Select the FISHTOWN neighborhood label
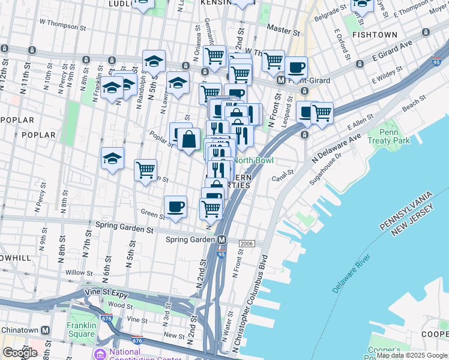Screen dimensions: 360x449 (x=374, y=35)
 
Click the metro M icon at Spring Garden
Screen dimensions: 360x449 (x=221, y=239)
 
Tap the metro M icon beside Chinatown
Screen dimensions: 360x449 (x=45, y=331)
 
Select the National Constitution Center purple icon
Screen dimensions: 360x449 (x=99, y=353)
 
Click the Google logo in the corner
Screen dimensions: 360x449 (x=19, y=352)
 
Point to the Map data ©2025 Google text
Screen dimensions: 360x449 (x=412, y=355)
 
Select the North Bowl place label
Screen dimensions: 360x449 (x=253, y=160)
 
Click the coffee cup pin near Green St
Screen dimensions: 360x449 (x=175, y=207)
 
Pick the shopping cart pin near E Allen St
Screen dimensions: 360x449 (x=322, y=112)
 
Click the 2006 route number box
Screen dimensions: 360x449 (x=247, y=244)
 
